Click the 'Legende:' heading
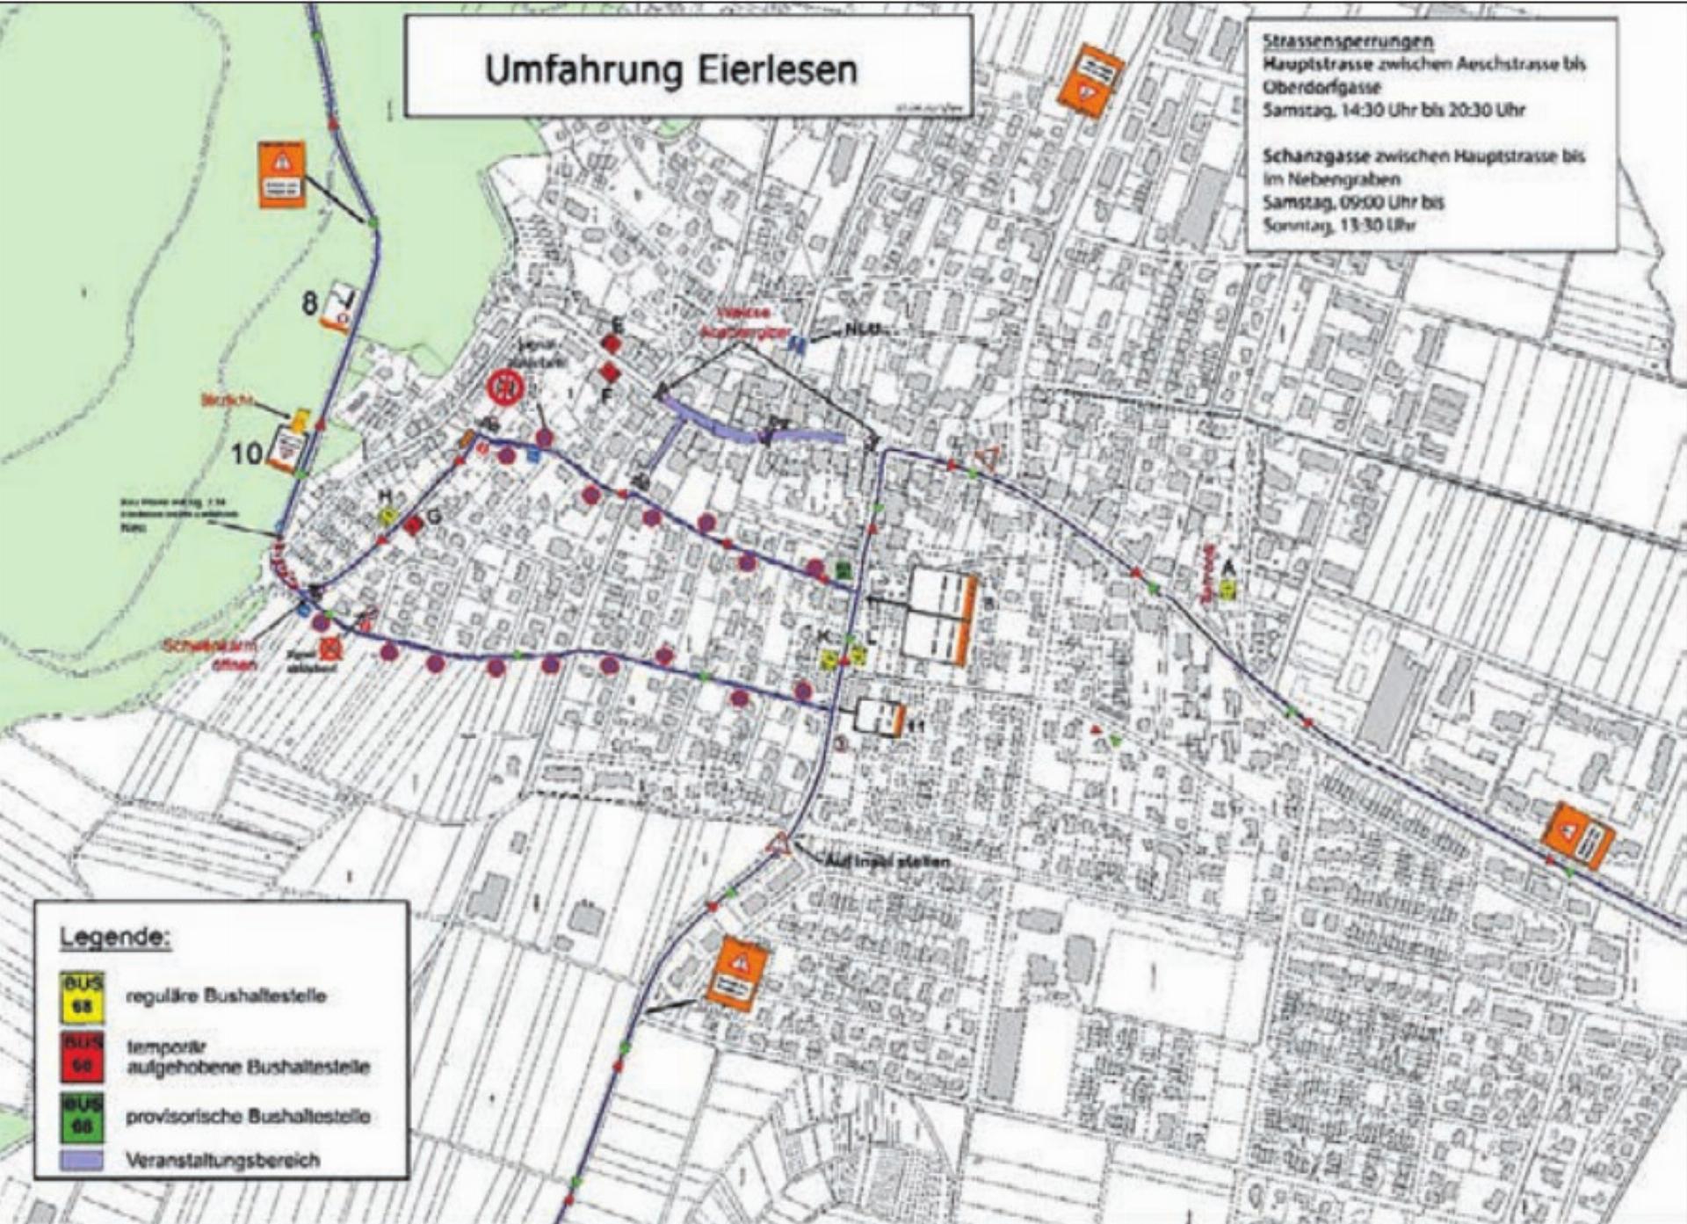[115, 937]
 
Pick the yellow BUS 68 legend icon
[83, 996]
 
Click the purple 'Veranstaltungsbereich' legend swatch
[82, 1160]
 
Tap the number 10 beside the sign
[247, 453]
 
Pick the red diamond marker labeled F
[609, 373]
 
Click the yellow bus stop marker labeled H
[387, 517]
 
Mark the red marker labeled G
[413, 525]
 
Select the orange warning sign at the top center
[1090, 79]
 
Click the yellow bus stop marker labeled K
[828, 659]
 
